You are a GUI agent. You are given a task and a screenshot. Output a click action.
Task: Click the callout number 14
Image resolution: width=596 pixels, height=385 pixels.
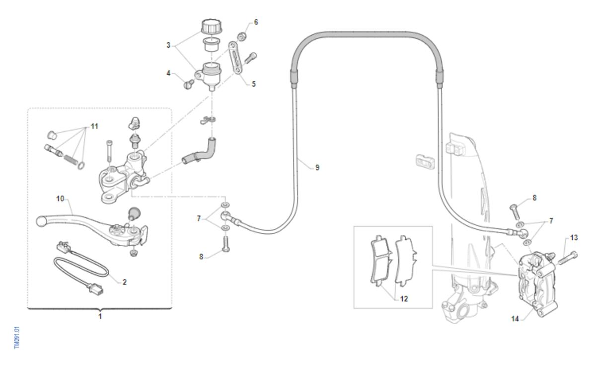click(x=515, y=319)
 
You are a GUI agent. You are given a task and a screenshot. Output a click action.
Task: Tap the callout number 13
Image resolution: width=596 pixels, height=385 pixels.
click(x=574, y=238)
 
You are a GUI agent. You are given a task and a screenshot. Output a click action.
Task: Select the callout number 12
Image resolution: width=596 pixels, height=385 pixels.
click(x=404, y=299)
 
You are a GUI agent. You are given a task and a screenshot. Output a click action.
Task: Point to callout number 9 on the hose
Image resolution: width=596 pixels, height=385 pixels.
click(x=317, y=168)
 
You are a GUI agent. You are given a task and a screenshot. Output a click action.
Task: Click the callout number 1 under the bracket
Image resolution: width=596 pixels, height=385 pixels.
click(x=100, y=316)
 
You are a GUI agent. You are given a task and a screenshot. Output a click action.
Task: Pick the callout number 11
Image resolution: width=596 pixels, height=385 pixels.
click(x=94, y=126)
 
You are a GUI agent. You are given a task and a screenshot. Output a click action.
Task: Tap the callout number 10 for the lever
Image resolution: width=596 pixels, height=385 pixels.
click(x=60, y=199)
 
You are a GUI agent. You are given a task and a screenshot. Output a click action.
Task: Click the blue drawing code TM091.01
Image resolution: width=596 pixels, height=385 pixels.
click(x=17, y=337)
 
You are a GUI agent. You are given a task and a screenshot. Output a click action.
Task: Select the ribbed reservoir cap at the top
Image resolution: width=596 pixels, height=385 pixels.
click(x=212, y=27)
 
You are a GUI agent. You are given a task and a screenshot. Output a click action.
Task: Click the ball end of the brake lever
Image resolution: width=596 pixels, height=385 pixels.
click(x=42, y=221)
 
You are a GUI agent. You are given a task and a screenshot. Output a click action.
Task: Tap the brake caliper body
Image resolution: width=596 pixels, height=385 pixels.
click(x=537, y=285)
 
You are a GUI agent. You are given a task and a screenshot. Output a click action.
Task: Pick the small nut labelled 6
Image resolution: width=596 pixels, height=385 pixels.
click(x=241, y=36)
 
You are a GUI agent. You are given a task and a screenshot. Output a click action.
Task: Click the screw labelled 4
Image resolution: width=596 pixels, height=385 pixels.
click(x=189, y=85)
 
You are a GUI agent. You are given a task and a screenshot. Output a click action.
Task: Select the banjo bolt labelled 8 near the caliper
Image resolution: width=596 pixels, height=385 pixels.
click(x=515, y=212)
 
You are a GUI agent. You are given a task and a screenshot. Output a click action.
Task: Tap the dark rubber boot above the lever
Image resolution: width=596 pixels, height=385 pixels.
click(x=134, y=213)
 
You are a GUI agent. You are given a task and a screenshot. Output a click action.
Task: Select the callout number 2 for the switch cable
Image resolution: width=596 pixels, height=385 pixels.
click(x=125, y=282)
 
